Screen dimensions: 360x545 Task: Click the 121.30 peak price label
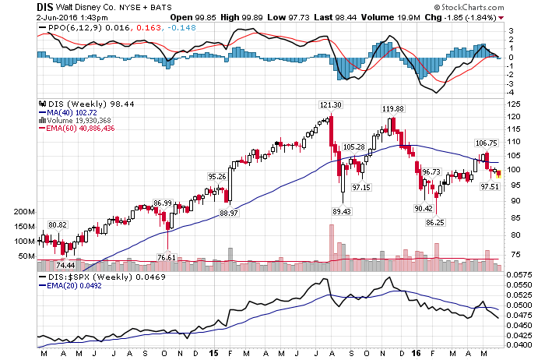point(331,104)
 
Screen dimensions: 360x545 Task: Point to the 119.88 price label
point(392,108)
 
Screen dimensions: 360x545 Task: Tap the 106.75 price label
point(486,143)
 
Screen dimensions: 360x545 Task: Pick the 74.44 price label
point(65,266)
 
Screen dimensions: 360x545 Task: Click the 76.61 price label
point(167,257)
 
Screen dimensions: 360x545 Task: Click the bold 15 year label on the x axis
point(213,353)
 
